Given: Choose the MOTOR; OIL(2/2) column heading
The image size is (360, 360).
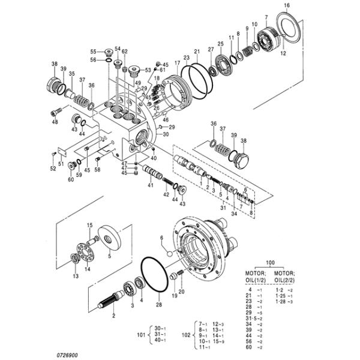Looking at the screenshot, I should point(287,277).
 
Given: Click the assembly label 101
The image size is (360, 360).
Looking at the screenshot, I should point(142,334).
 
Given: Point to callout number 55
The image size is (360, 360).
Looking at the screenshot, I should point(94,52).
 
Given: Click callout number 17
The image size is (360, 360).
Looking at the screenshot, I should point(178,64).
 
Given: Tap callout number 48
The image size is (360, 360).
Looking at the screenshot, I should point(55,122).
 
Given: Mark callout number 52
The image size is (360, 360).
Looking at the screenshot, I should point(53,169).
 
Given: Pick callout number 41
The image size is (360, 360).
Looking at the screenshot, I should point(151,185).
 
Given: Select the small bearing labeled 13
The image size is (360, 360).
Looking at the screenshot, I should point(75,259).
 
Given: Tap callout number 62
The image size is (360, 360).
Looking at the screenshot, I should point(125,52).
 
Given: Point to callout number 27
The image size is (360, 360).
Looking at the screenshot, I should point(211,49).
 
